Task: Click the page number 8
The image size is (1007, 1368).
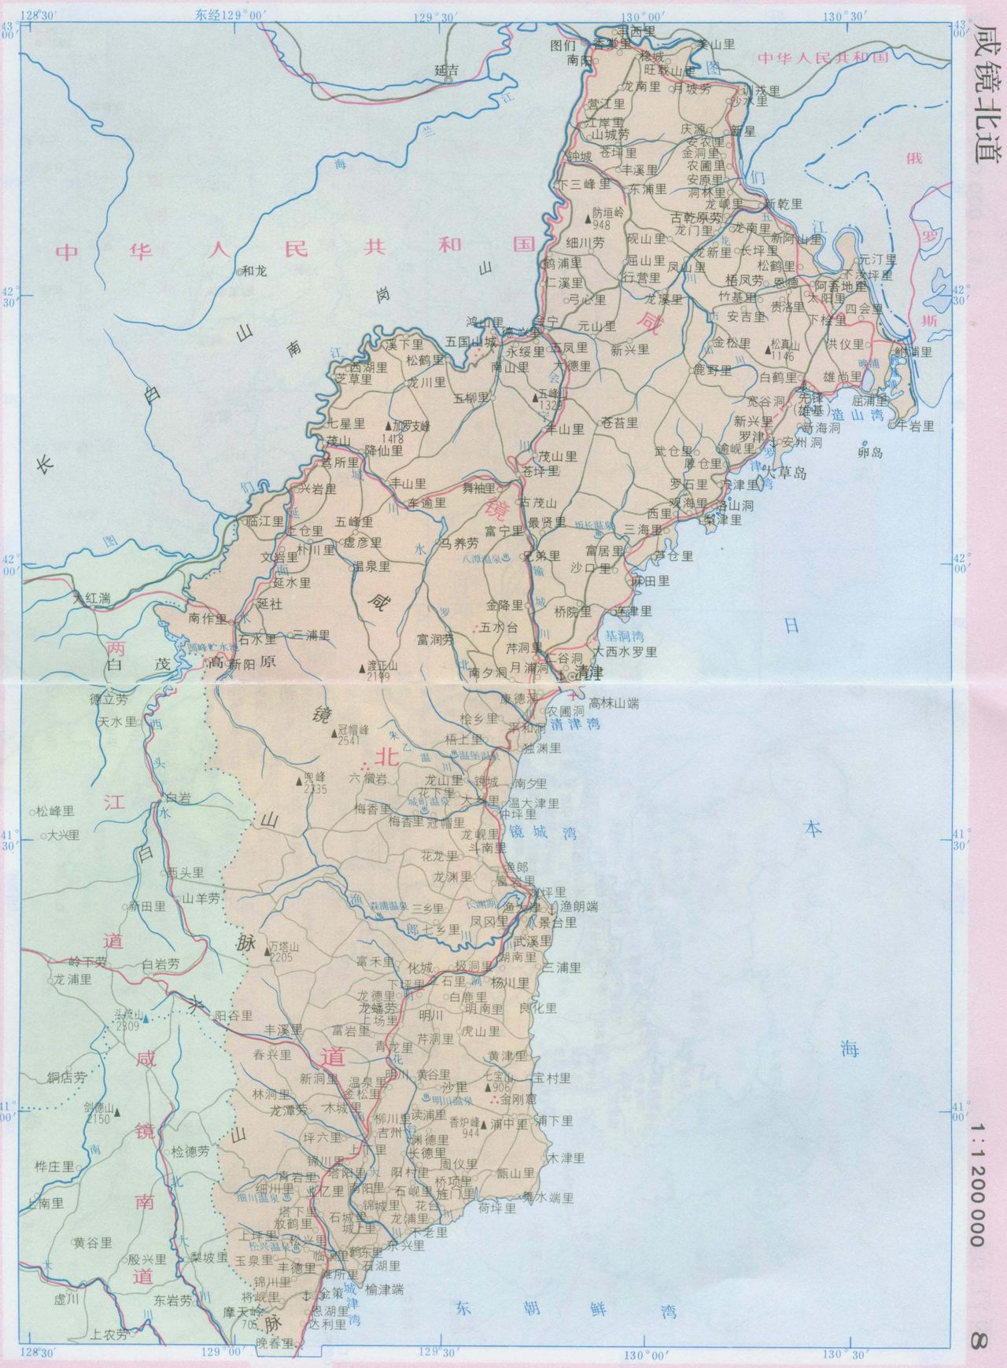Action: point(978,1337)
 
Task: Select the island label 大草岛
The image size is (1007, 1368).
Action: point(788,473)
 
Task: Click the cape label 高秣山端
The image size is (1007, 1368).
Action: point(614,702)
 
